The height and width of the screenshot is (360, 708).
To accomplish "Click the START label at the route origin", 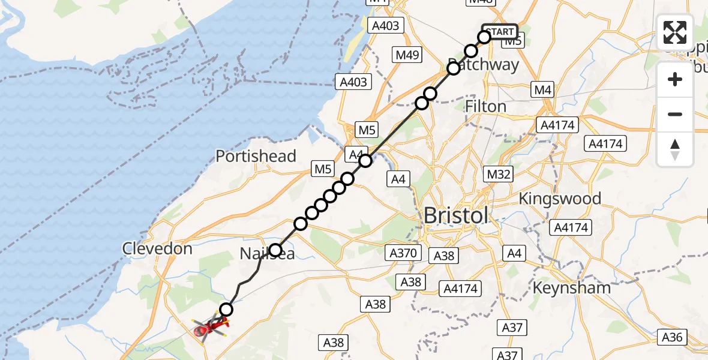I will click(x=500, y=32).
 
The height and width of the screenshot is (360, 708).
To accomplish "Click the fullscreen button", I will click(x=675, y=32).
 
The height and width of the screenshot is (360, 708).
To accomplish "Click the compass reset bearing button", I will click(x=675, y=149).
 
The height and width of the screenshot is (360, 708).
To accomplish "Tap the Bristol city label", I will click(x=456, y=215).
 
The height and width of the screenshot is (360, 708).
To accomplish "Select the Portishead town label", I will click(x=256, y=157).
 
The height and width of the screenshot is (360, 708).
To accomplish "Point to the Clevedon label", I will click(x=157, y=248).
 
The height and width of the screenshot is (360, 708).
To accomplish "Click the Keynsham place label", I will click(x=572, y=288).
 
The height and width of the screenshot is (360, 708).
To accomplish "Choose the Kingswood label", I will click(x=560, y=199).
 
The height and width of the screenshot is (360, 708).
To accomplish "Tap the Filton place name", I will click(x=486, y=107).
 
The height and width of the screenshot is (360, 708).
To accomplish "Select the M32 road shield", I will click(x=499, y=175).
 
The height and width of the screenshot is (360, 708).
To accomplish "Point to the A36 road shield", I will click(x=672, y=337).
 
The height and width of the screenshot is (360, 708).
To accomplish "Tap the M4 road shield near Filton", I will click(x=542, y=91).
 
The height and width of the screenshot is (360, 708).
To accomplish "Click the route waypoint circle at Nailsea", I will click(x=275, y=250).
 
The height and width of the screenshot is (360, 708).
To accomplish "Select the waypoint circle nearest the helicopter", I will click(x=226, y=310).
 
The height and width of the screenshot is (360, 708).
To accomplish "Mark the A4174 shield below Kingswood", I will click(x=572, y=228).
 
